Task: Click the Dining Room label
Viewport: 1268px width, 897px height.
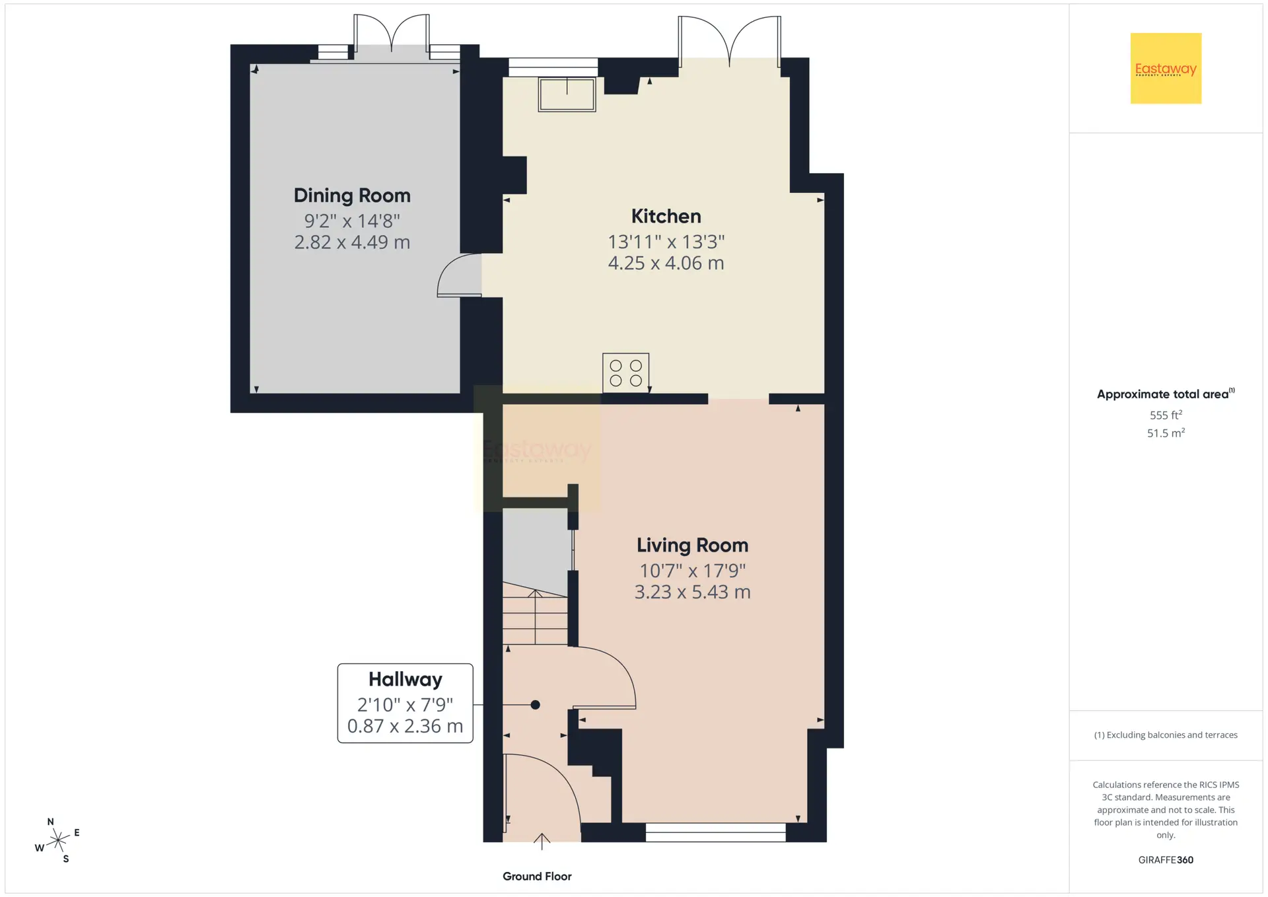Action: [x=352, y=196]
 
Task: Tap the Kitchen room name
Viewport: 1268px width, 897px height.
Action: [x=666, y=216]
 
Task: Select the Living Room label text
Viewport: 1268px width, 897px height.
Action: [x=692, y=546]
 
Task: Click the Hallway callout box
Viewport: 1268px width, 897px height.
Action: [x=405, y=703]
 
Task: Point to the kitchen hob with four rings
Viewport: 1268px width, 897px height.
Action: [x=625, y=373]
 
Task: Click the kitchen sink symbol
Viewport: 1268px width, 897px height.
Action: [x=567, y=94]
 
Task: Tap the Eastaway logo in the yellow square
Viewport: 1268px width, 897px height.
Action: [x=1166, y=69]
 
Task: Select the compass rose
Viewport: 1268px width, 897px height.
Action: [x=58, y=840]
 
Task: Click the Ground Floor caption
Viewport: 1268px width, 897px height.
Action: [x=537, y=877]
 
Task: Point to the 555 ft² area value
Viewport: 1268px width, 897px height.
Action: [x=1166, y=415]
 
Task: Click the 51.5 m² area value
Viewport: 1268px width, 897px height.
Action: [x=1166, y=433]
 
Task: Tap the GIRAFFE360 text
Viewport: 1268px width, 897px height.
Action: [x=1166, y=860]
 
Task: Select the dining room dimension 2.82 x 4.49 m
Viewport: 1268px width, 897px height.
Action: [x=352, y=242]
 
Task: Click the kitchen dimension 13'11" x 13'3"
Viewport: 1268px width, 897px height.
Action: [x=666, y=242]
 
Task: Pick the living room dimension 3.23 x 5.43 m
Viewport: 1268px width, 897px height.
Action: [x=692, y=592]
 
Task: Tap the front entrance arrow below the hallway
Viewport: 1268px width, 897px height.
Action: [x=542, y=841]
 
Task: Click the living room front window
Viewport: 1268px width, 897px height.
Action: [x=715, y=832]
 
